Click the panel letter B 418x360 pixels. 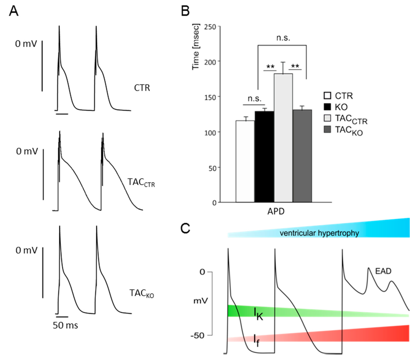186,12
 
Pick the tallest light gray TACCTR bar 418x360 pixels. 283,139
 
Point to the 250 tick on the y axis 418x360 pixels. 211,26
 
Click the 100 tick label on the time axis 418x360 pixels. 211,132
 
